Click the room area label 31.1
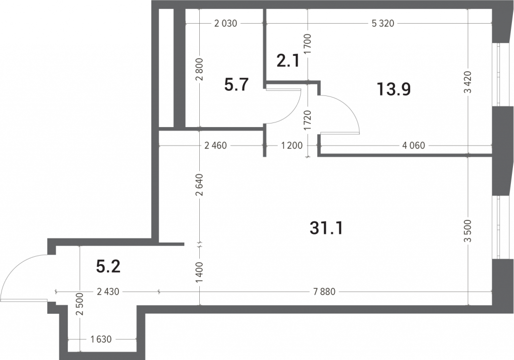(x=326, y=228)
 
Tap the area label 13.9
(x=394, y=89)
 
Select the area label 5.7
(x=236, y=84)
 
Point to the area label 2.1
(x=288, y=61)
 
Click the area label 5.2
(x=108, y=266)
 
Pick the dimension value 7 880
(x=324, y=292)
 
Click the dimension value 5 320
(x=383, y=24)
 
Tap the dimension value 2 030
(x=225, y=24)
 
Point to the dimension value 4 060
(x=414, y=145)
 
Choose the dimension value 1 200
(x=292, y=145)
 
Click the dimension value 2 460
(x=215, y=145)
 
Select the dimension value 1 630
(x=101, y=339)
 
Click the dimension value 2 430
(x=108, y=292)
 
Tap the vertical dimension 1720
(x=308, y=121)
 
